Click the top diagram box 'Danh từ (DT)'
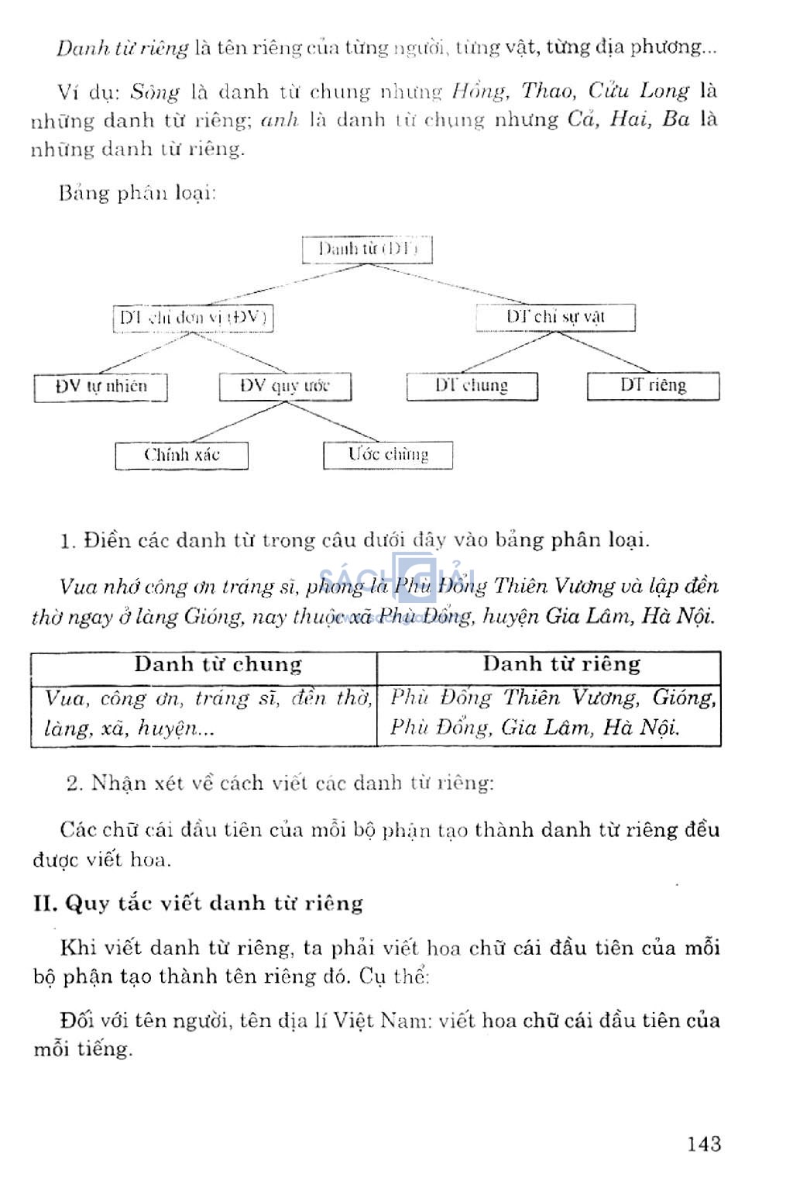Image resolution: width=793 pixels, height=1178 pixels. tap(367, 250)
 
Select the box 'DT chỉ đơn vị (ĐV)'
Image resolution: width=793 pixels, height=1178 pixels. tap(193, 318)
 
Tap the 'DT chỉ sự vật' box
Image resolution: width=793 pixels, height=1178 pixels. tap(555, 317)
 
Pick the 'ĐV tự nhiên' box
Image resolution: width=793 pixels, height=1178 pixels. tap(101, 387)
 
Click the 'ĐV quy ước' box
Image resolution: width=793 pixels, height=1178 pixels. tap(285, 386)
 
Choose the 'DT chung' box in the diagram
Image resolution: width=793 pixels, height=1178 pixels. tap(472, 386)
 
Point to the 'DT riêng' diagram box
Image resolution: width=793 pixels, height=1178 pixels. tap(653, 386)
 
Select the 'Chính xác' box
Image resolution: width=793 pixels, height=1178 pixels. tap(182, 455)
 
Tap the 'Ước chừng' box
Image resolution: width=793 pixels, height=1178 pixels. tap(388, 455)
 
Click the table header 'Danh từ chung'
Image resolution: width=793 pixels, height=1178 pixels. tap(218, 665)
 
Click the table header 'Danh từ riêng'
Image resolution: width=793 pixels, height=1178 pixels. tap(561, 664)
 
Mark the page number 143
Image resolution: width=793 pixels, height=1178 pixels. tap(703, 1144)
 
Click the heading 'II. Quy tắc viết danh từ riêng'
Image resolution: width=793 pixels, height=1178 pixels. tap(198, 904)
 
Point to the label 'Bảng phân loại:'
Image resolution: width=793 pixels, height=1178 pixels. tap(137, 192)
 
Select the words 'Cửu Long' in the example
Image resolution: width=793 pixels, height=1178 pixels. tap(638, 91)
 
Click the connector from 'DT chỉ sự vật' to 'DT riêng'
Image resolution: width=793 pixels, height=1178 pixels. tap(604, 351)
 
